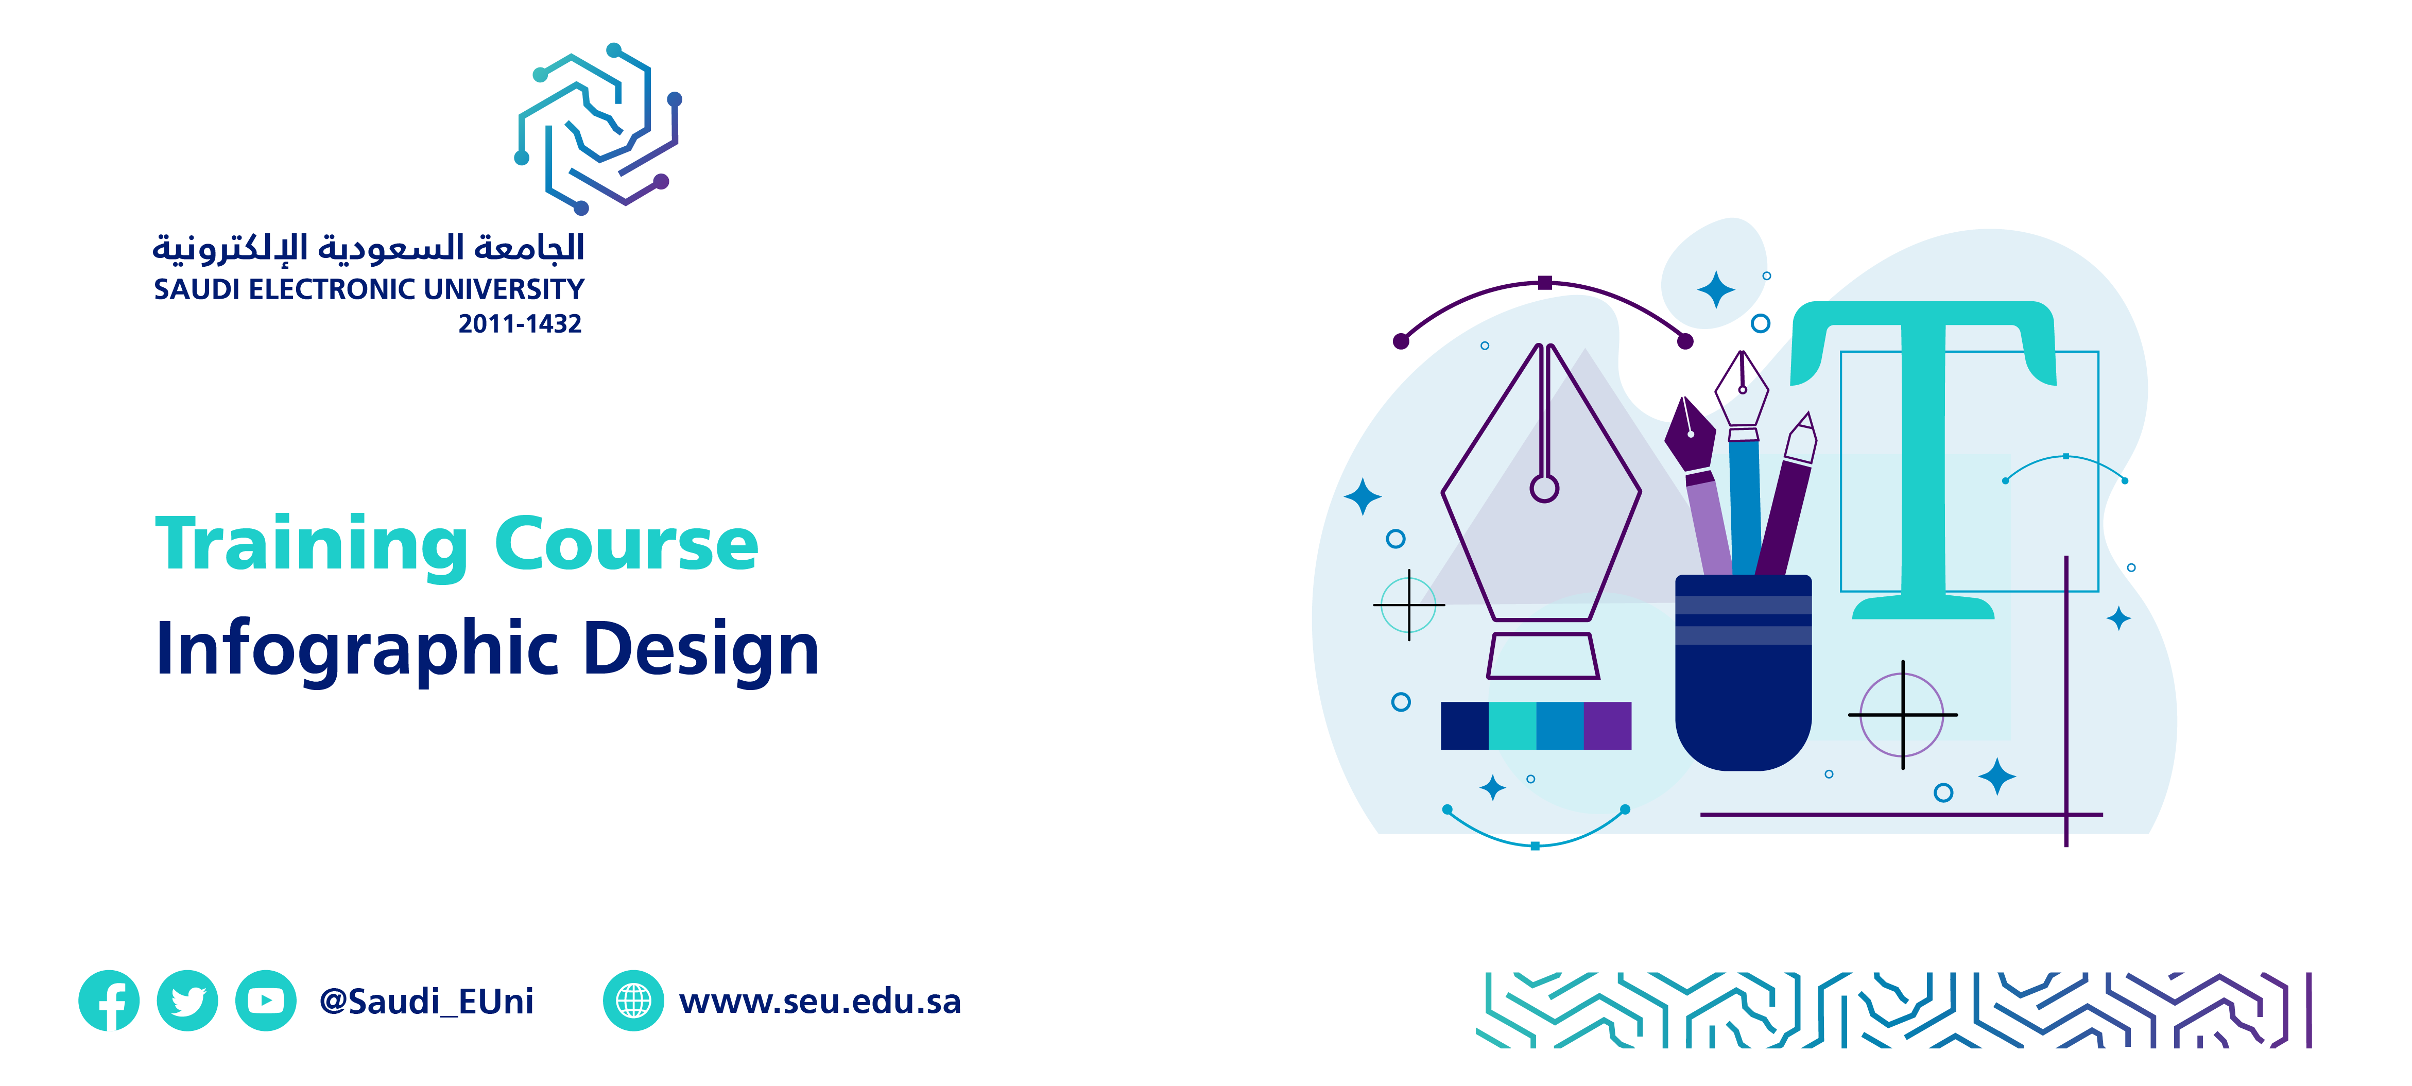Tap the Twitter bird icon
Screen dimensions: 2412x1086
coord(187,1001)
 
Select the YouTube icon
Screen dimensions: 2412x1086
coord(266,1001)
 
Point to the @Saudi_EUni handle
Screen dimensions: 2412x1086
coord(426,1002)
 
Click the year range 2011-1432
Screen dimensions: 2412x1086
coord(520,324)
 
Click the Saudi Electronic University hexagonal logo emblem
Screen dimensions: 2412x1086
coord(598,128)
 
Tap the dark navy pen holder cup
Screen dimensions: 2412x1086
coord(1744,672)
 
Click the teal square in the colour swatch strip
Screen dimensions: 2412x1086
coord(1512,726)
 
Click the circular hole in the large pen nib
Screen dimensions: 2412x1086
coord(1544,489)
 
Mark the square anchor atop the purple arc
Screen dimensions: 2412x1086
coord(1545,283)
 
